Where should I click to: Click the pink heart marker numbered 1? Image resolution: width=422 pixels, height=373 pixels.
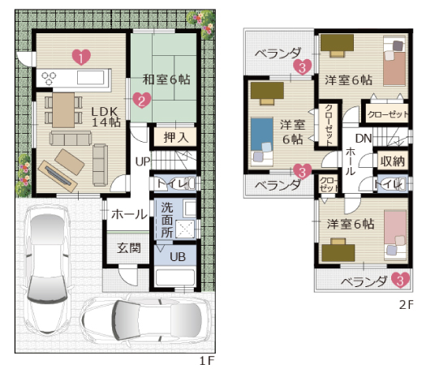[81, 57]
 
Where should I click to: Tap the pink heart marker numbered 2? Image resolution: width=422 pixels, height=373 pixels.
[141, 100]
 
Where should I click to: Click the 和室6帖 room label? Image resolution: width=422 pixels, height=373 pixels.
[166, 79]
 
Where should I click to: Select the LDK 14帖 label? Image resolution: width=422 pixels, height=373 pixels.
[105, 117]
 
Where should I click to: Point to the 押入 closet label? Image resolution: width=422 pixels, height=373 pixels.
[176, 137]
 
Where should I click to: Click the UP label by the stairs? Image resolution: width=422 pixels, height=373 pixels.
[143, 161]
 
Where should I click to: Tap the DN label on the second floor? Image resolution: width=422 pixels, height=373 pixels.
[364, 139]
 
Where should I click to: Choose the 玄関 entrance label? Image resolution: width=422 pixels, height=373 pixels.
[129, 248]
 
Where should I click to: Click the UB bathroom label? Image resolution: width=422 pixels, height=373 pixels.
[178, 257]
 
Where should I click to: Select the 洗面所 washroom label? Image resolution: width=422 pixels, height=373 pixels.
[167, 220]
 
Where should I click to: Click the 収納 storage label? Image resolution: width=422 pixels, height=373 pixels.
[393, 161]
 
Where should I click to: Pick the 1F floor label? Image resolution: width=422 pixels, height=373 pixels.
[207, 361]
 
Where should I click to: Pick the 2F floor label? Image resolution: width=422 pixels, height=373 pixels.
[407, 305]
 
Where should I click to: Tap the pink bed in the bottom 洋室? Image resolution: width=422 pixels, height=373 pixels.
[395, 236]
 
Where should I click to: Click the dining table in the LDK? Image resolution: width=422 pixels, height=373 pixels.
[63, 110]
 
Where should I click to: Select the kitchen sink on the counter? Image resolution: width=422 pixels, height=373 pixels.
[91, 78]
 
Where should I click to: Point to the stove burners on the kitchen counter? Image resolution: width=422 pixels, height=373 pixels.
[49, 78]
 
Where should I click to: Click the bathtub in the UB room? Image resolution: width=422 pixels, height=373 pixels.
[175, 277]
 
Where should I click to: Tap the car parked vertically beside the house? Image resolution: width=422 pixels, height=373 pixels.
[48, 270]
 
